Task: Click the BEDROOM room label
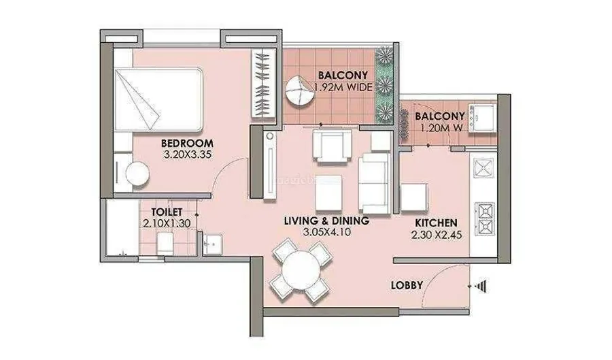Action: click(188, 143)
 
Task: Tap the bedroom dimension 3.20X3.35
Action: click(188, 154)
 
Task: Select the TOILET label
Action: click(167, 212)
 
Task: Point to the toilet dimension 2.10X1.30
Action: click(167, 224)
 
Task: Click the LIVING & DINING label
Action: click(326, 220)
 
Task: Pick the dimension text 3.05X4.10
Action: click(326, 232)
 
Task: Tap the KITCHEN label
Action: click(436, 223)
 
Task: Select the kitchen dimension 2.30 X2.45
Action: click(437, 235)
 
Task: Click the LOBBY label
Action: click(407, 285)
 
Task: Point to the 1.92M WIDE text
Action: click(343, 87)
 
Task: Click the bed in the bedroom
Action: click(158, 100)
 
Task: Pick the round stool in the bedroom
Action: click(137, 174)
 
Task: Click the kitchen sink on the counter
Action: click(484, 168)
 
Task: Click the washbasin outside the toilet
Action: click(213, 244)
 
